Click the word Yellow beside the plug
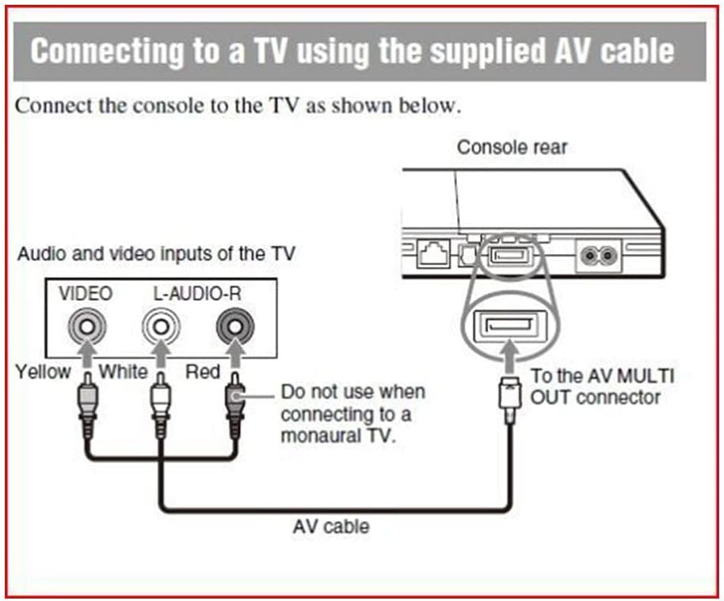[x=43, y=371]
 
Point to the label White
[x=123, y=371]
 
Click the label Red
[x=203, y=371]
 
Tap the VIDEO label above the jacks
[x=85, y=294]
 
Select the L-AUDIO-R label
[x=197, y=294]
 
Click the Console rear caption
[x=512, y=147]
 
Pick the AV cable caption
[x=330, y=525]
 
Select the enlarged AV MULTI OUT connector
[x=508, y=325]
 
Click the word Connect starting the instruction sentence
[x=51, y=106]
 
